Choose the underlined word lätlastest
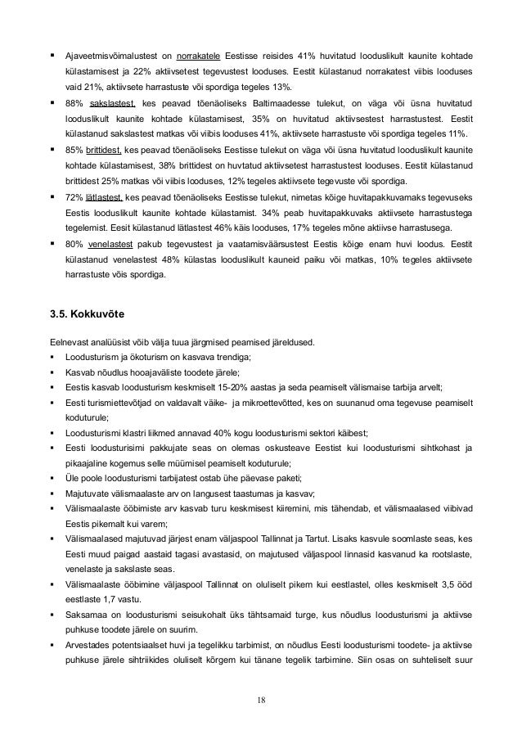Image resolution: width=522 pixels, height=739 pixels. click(x=104, y=197)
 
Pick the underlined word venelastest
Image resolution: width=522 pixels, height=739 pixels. click(x=112, y=244)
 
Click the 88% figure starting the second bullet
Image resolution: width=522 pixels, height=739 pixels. click(x=74, y=103)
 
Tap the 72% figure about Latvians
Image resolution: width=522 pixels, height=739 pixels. click(x=74, y=197)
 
